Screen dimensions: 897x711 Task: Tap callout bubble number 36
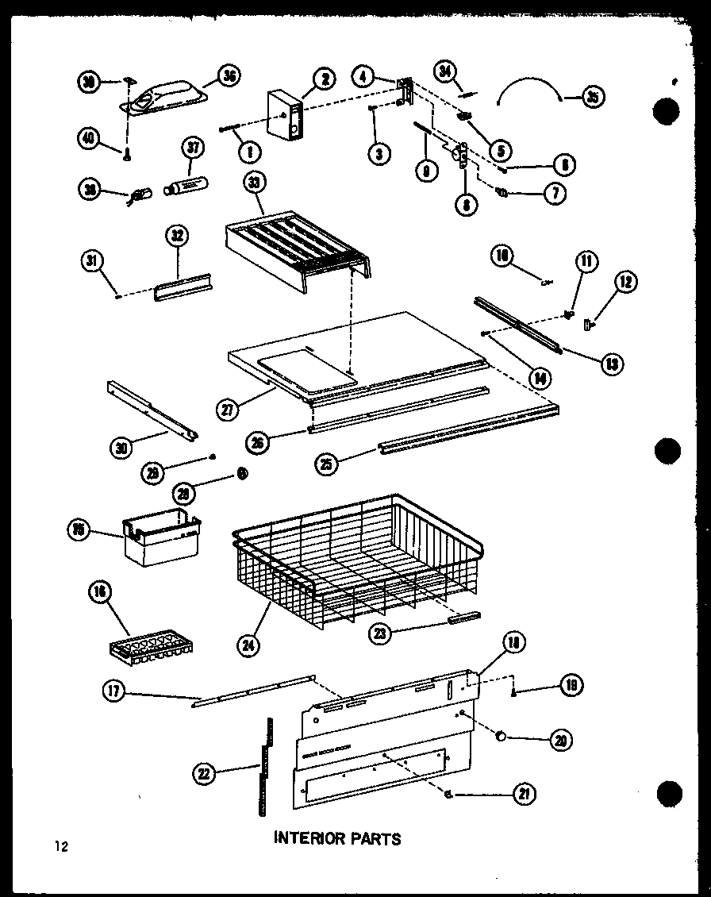pos(229,77)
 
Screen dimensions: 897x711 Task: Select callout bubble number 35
pos(592,97)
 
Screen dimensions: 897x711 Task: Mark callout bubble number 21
pos(524,793)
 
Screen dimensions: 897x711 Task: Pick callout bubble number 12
pos(626,281)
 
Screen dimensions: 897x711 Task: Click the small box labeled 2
pos(285,115)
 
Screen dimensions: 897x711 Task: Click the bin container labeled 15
pos(159,540)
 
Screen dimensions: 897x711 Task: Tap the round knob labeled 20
pos(501,737)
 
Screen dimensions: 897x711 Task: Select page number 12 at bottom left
pos(61,846)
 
